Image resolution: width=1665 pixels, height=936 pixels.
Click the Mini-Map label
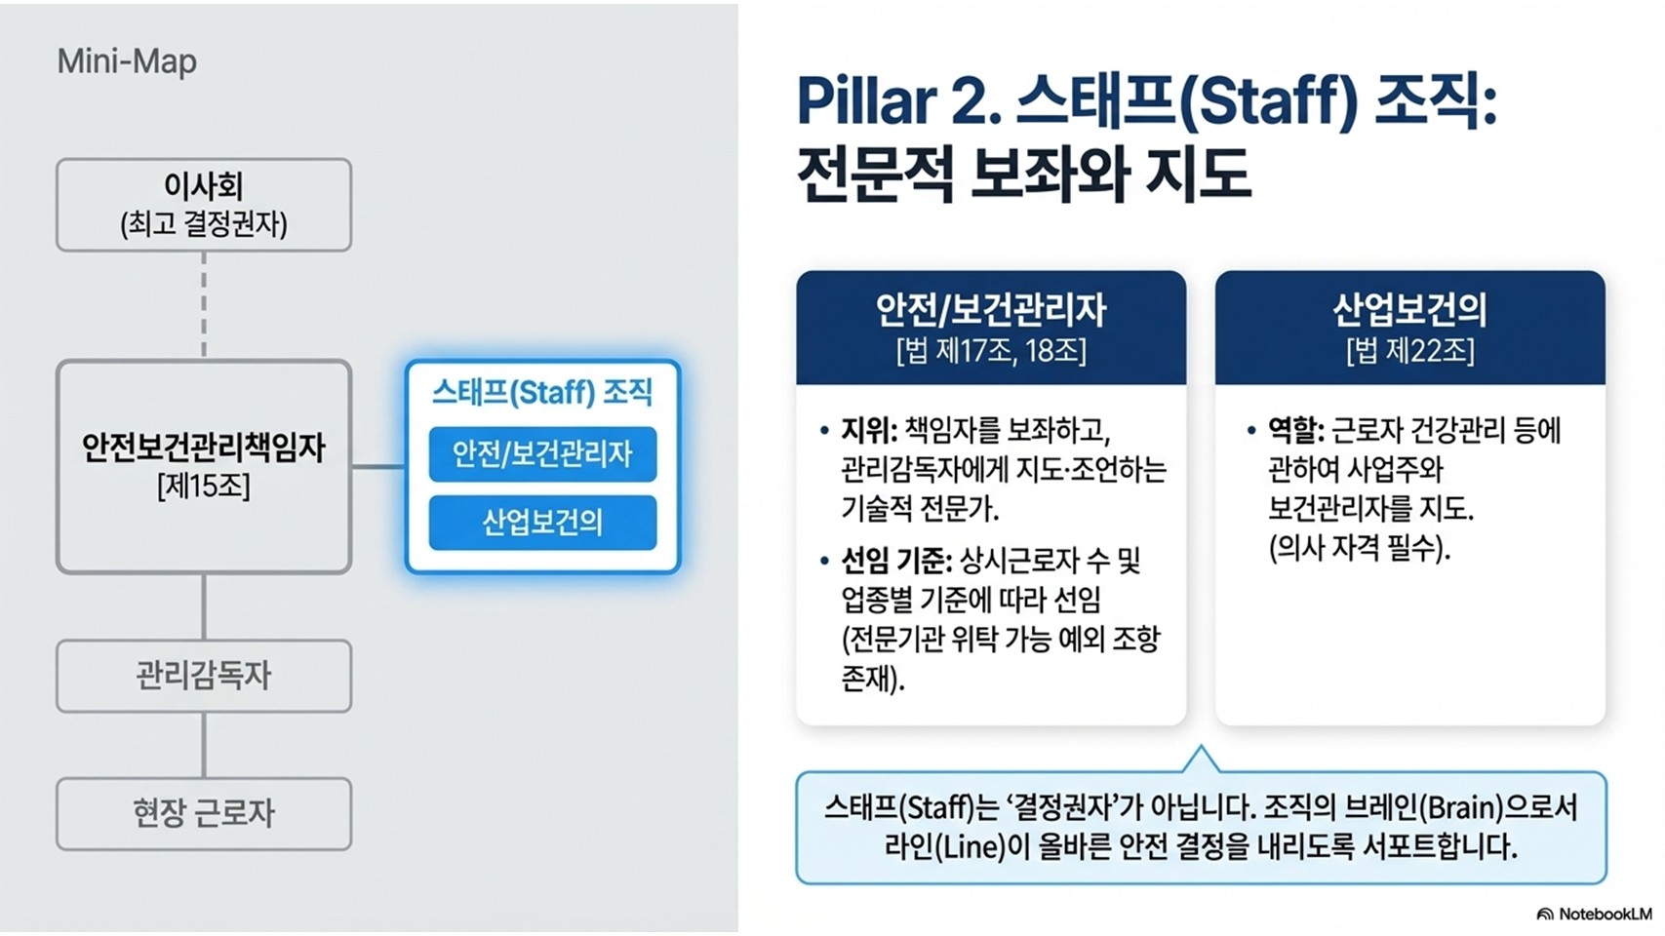(127, 61)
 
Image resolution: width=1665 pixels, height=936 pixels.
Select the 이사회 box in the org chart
(204, 205)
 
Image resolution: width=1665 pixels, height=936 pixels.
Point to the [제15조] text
(204, 486)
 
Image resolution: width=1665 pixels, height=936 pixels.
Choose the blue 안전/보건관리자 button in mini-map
(542, 454)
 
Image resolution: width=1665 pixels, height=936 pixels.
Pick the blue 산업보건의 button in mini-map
(542, 523)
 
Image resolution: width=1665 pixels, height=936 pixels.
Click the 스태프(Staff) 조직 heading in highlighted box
(542, 392)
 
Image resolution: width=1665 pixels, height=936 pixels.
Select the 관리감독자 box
(204, 676)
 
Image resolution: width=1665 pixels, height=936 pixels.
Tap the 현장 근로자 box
(204, 813)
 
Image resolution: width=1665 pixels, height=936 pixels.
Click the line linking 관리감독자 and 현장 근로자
(204, 744)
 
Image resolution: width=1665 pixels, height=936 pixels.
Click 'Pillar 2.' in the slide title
(898, 101)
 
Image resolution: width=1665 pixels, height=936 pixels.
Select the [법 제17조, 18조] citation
(991, 350)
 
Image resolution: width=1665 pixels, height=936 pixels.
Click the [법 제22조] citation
(1409, 350)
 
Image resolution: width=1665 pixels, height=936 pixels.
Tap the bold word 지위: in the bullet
(868, 430)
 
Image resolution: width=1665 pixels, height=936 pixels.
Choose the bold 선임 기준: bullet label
(895, 561)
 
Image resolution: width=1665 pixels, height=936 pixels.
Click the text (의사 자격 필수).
(1359, 549)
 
